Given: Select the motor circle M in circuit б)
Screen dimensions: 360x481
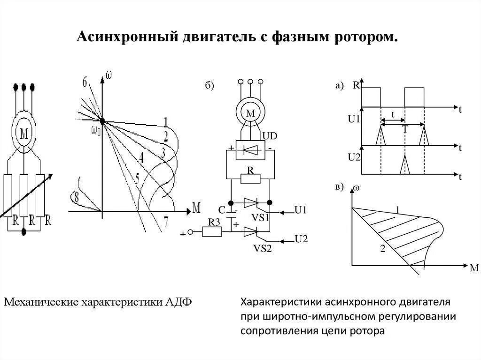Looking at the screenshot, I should (250, 113).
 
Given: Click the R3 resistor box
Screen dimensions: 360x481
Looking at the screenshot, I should (211, 231).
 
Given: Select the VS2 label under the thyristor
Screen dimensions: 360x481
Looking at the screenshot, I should (263, 248).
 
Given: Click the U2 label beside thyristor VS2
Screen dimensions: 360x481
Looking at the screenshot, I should (301, 239).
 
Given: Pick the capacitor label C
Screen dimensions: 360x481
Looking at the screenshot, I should (222, 209).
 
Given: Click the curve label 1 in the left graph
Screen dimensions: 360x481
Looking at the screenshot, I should (165, 121).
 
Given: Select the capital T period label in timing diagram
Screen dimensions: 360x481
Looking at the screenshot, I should (405, 129).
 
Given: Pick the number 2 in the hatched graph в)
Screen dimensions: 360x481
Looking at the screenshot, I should (382, 249).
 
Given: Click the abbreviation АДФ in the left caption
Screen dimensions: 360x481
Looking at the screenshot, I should (178, 301).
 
